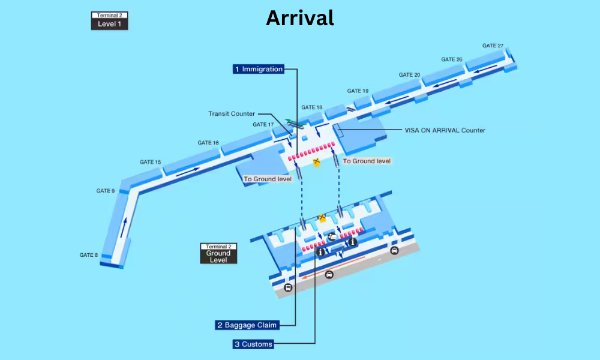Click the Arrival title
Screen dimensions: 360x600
click(299, 18)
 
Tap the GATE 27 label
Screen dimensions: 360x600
click(493, 46)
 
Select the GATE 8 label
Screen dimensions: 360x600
click(89, 255)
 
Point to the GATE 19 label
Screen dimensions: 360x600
click(358, 91)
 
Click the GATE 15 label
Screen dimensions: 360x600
click(150, 163)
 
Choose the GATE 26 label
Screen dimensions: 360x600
click(452, 59)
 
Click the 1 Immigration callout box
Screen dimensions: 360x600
click(258, 69)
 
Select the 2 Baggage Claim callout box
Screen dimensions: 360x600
click(247, 325)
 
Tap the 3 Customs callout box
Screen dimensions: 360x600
click(253, 344)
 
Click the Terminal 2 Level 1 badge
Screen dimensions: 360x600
click(109, 20)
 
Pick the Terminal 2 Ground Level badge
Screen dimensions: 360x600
click(218, 253)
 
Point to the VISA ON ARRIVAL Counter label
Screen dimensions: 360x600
click(445, 130)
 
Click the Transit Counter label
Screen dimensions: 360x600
click(232, 113)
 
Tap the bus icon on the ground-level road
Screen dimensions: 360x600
click(288, 287)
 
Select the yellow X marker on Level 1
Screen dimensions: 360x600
click(316, 162)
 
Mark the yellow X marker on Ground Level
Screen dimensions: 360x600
click(322, 217)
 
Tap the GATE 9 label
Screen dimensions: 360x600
click(105, 191)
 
